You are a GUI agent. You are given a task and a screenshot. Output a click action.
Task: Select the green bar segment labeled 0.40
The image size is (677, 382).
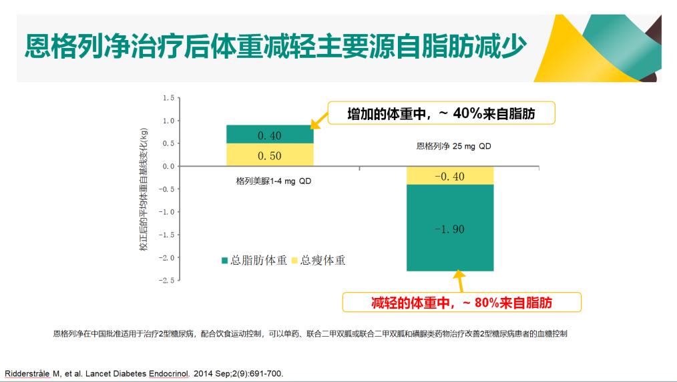click(x=270, y=135)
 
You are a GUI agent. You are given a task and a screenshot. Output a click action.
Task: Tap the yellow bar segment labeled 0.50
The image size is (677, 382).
click(x=270, y=155)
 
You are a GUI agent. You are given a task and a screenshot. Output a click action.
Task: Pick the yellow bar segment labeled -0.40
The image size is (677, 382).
click(x=449, y=176)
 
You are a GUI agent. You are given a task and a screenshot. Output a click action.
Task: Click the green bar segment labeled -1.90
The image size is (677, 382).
click(x=449, y=229)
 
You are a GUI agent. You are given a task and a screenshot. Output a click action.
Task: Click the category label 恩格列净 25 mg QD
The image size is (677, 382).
click(x=453, y=146)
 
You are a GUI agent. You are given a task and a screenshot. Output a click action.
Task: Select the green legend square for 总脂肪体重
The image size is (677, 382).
click(x=225, y=261)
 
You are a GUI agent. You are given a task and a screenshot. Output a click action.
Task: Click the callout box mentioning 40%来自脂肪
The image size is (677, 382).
click(x=441, y=114)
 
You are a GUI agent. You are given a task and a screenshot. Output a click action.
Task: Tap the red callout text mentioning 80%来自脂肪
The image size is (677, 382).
click(x=461, y=302)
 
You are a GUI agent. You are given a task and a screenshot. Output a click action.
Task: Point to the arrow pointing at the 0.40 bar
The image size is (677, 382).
click(x=320, y=119)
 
